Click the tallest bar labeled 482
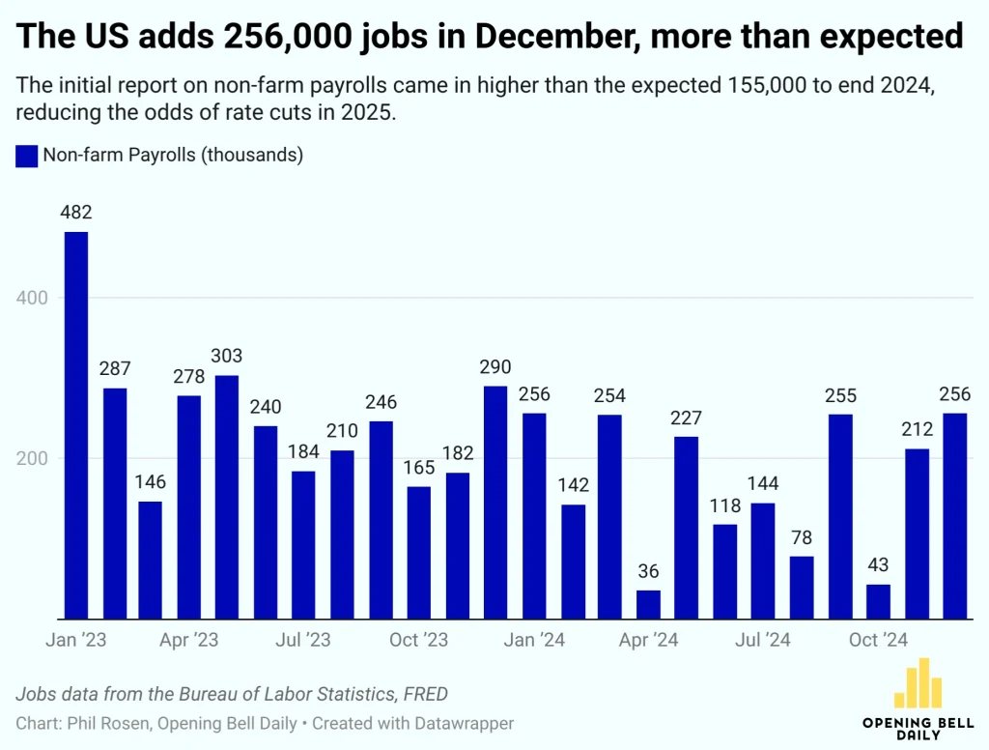click(76, 425)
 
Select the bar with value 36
click(648, 604)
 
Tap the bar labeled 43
click(878, 601)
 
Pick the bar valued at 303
click(227, 497)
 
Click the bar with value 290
click(494, 502)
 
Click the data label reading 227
click(686, 418)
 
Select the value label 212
click(917, 430)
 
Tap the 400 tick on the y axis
click(35, 298)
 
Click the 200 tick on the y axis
click(35, 458)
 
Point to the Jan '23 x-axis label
click(76, 640)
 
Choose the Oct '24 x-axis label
click(878, 640)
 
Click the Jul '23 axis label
click(304, 640)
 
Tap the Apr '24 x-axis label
click(648, 640)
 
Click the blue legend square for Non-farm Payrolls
click(26, 156)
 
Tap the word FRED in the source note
click(424, 693)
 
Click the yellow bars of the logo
click(918, 683)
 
